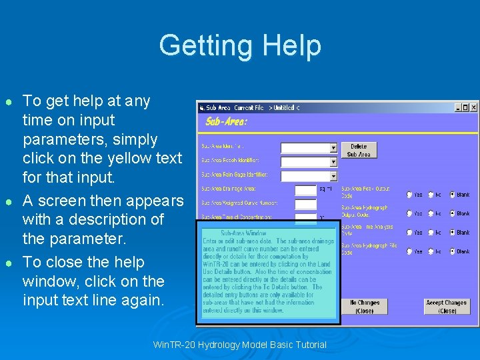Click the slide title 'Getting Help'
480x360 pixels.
point(240,45)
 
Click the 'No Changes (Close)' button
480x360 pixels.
point(365,307)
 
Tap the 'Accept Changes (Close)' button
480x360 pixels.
point(447,307)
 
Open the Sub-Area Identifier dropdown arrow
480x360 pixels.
point(333,148)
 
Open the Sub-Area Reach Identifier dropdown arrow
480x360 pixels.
point(333,162)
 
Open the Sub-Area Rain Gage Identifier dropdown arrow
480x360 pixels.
point(333,176)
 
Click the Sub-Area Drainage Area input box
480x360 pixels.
point(305,190)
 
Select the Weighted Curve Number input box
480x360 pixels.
point(305,204)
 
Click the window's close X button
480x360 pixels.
point(474,107)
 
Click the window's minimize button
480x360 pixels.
point(458,107)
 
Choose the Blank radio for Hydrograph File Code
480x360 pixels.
point(451,251)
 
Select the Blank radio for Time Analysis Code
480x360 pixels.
point(451,233)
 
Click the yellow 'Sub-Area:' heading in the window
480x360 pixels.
point(226,121)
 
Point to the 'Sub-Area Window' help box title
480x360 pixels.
point(243,233)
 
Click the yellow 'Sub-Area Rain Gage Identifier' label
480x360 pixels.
point(235,175)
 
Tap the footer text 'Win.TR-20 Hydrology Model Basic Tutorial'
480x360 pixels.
point(240,345)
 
